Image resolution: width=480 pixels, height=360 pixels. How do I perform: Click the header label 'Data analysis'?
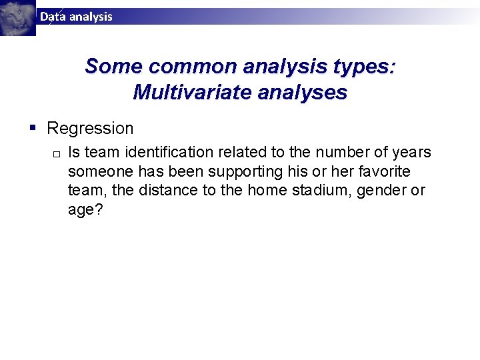click(x=76, y=17)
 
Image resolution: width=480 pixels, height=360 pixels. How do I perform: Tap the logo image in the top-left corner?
click(x=18, y=17)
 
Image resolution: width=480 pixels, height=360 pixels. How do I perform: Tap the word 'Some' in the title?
click(x=114, y=67)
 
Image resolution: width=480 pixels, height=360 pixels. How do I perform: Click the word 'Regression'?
click(x=90, y=128)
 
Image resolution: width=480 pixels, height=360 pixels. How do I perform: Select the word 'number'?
click(x=315, y=153)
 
